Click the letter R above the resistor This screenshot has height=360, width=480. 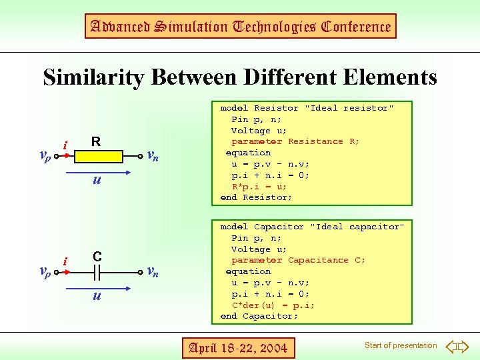pyautogui.click(x=96, y=141)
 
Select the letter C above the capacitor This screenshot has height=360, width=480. pyautogui.click(x=97, y=257)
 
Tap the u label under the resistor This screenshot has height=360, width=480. pyautogui.click(x=97, y=179)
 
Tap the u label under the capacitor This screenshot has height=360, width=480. pyautogui.click(x=97, y=295)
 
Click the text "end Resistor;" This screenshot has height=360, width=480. pyautogui.click(x=256, y=197)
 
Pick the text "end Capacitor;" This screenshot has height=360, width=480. pyautogui.click(x=259, y=316)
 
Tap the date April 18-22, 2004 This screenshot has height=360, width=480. pyautogui.click(x=239, y=347)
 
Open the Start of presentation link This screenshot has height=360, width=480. pyautogui.click(x=401, y=345)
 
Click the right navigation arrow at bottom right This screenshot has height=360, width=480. pyautogui.click(x=464, y=346)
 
